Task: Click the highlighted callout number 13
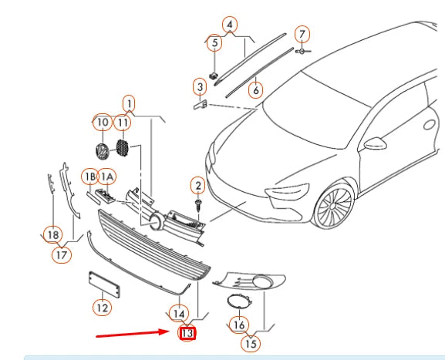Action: point(187,333)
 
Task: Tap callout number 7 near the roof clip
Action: point(302,35)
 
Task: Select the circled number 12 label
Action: point(103,308)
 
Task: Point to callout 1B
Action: point(90,177)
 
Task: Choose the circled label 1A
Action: point(107,177)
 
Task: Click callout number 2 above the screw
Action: point(198,186)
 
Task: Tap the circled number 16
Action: point(239,325)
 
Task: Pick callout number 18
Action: point(53,235)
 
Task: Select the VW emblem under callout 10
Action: point(102,151)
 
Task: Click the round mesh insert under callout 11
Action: point(123,147)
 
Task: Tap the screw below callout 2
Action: point(197,205)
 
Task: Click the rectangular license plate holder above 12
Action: point(104,284)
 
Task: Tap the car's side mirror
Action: point(375,143)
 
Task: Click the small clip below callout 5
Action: point(214,76)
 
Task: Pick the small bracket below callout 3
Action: point(201,105)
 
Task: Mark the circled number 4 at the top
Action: point(230,25)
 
